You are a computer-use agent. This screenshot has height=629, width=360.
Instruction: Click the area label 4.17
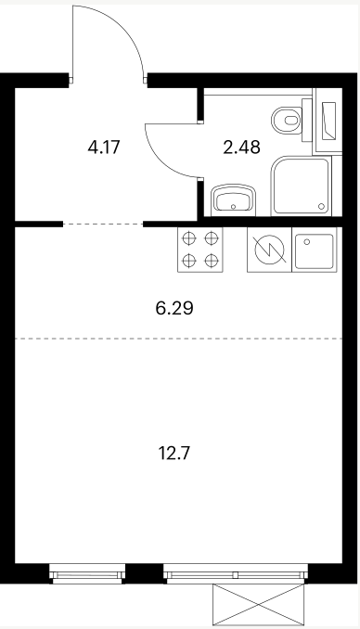[x=104, y=147]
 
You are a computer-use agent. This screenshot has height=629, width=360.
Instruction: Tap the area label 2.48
[x=241, y=147]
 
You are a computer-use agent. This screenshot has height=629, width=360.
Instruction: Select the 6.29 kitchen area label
[x=174, y=308]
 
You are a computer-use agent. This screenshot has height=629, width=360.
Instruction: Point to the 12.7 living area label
[x=174, y=454]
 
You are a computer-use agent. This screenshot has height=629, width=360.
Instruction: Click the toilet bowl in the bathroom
[x=287, y=120]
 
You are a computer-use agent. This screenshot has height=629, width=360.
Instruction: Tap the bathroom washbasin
[x=234, y=199]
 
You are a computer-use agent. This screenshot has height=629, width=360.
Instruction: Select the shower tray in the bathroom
[x=301, y=186]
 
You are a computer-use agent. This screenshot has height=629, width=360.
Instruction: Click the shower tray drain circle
[x=321, y=206]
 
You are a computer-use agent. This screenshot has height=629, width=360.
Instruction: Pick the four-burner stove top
[x=199, y=250]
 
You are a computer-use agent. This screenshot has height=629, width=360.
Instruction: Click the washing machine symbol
[x=269, y=250]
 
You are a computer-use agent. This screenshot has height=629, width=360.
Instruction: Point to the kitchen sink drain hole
[x=307, y=241]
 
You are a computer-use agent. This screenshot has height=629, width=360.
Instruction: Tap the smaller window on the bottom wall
[x=87, y=573]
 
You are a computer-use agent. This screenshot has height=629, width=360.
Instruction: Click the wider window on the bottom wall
[x=236, y=573]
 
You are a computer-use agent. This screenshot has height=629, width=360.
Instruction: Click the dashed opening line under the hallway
[x=103, y=225]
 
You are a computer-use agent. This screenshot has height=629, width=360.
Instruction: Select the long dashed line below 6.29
[x=178, y=339]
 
